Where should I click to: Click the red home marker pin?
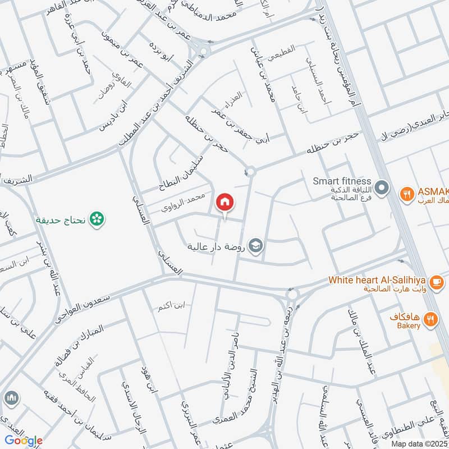pyautogui.click(x=225, y=201)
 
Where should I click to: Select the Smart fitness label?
pyautogui.click(x=342, y=181)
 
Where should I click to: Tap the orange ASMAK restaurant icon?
pyautogui.click(x=406, y=194)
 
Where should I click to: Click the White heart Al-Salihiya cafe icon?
pyautogui.click(x=435, y=280)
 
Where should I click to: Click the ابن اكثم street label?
pyautogui.click(x=172, y=306)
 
